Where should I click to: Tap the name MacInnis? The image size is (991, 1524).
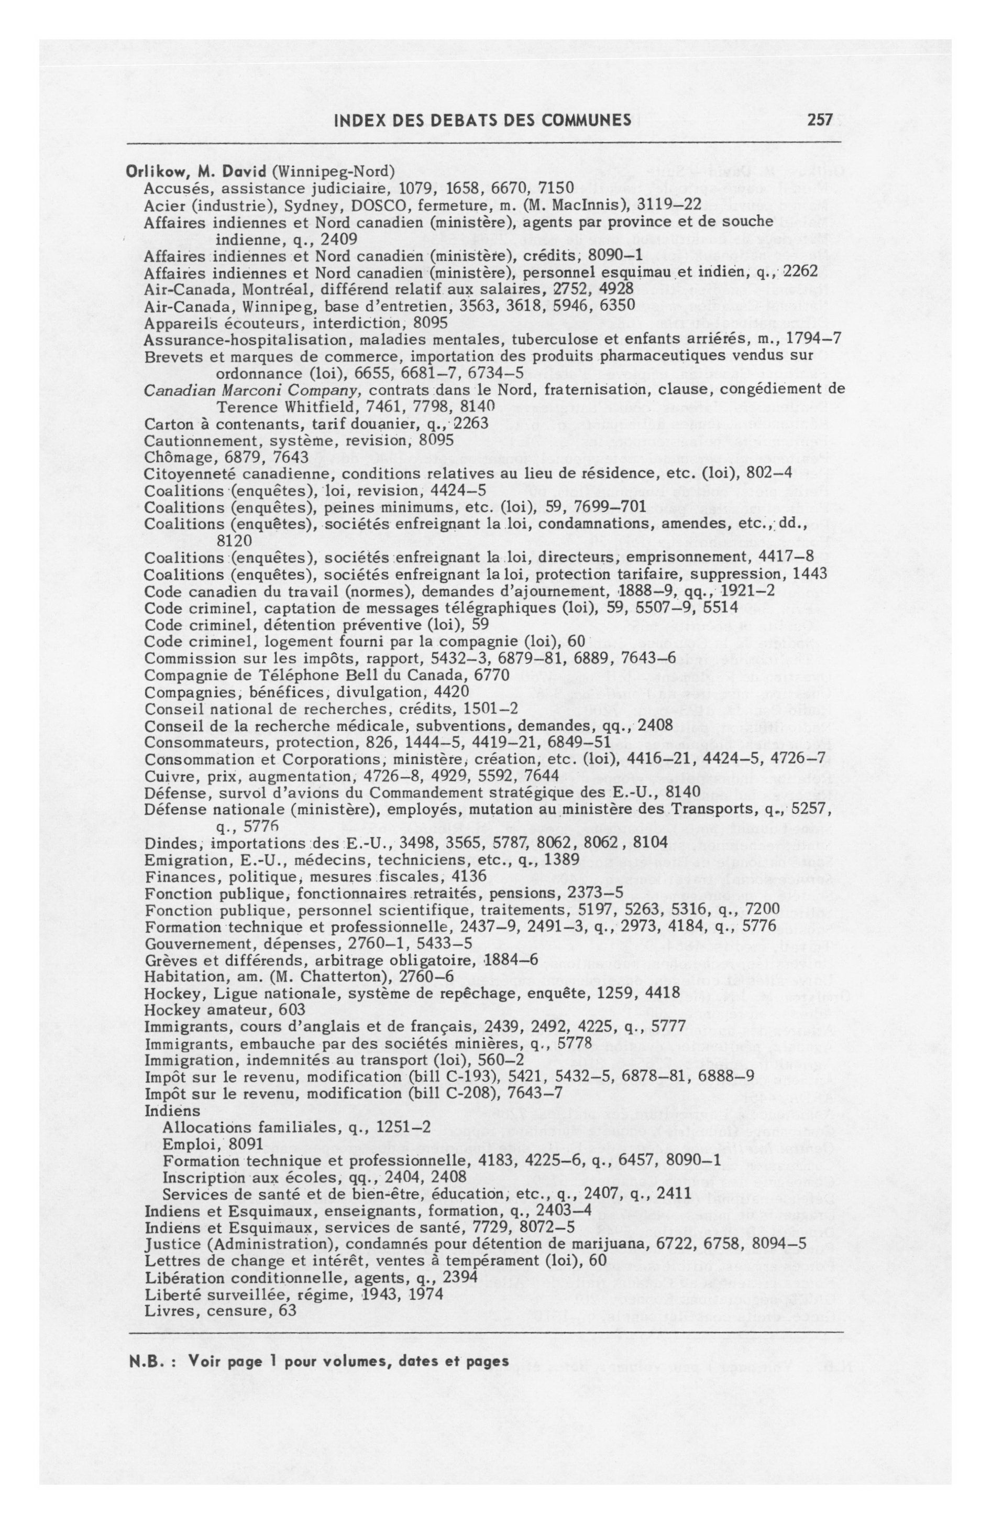pyautogui.click(x=592, y=205)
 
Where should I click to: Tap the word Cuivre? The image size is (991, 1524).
pyautogui.click(x=164, y=776)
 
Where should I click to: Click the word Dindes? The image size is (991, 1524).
pyautogui.click(x=164, y=842)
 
